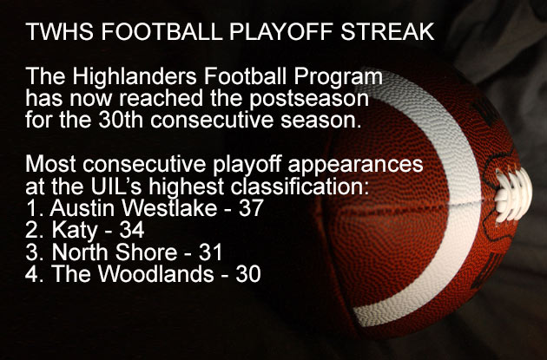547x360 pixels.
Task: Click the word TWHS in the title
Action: click(x=59, y=31)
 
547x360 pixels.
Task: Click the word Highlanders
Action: click(x=135, y=77)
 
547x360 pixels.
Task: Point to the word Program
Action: click(x=338, y=77)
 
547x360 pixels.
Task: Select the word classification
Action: click(x=300, y=187)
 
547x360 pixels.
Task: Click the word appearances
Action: click(x=355, y=165)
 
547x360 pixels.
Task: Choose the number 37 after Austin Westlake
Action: click(x=251, y=207)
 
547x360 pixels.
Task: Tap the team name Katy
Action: click(x=75, y=231)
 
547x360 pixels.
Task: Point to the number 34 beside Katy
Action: click(x=131, y=230)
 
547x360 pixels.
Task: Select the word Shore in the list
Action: click(x=146, y=252)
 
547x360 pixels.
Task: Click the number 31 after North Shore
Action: click(x=210, y=252)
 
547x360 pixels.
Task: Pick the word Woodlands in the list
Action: click(x=155, y=273)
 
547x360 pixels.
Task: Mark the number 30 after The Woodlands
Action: click(x=248, y=273)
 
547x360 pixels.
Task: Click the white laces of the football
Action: click(x=513, y=194)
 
